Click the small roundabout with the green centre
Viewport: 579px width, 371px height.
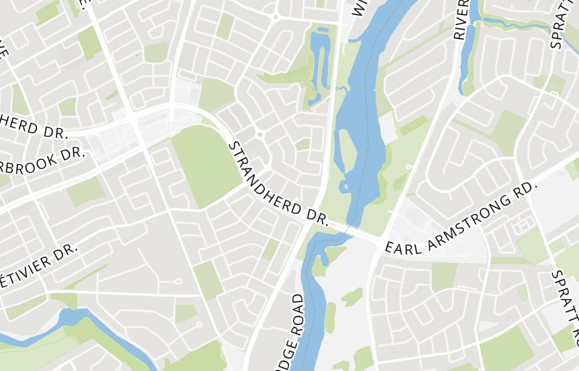click(259, 135)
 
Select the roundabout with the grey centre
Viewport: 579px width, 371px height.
click(275, 16)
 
